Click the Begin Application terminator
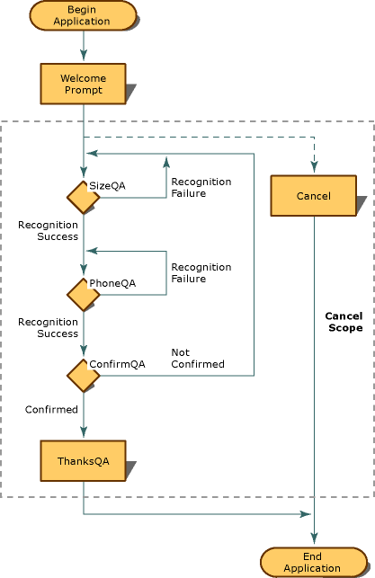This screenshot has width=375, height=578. (83, 15)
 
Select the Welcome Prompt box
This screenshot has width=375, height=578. (83, 84)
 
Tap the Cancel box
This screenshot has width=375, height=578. (313, 195)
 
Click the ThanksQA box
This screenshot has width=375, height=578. (83, 460)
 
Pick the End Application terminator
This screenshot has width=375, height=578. (312, 562)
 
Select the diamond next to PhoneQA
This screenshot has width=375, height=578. (83, 294)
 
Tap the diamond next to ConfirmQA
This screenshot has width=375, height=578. (83, 376)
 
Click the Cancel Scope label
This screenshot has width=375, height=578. (344, 322)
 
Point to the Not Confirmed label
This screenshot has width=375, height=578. (198, 358)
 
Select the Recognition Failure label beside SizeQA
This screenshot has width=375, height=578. (201, 187)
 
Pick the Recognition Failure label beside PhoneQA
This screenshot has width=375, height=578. (201, 272)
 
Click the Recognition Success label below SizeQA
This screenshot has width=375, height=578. (48, 230)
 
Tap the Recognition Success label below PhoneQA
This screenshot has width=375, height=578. (48, 327)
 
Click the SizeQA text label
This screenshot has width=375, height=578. (107, 185)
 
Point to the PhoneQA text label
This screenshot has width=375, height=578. (112, 283)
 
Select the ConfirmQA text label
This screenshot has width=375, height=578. (117, 364)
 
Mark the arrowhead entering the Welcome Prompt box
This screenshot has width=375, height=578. (83, 58)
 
